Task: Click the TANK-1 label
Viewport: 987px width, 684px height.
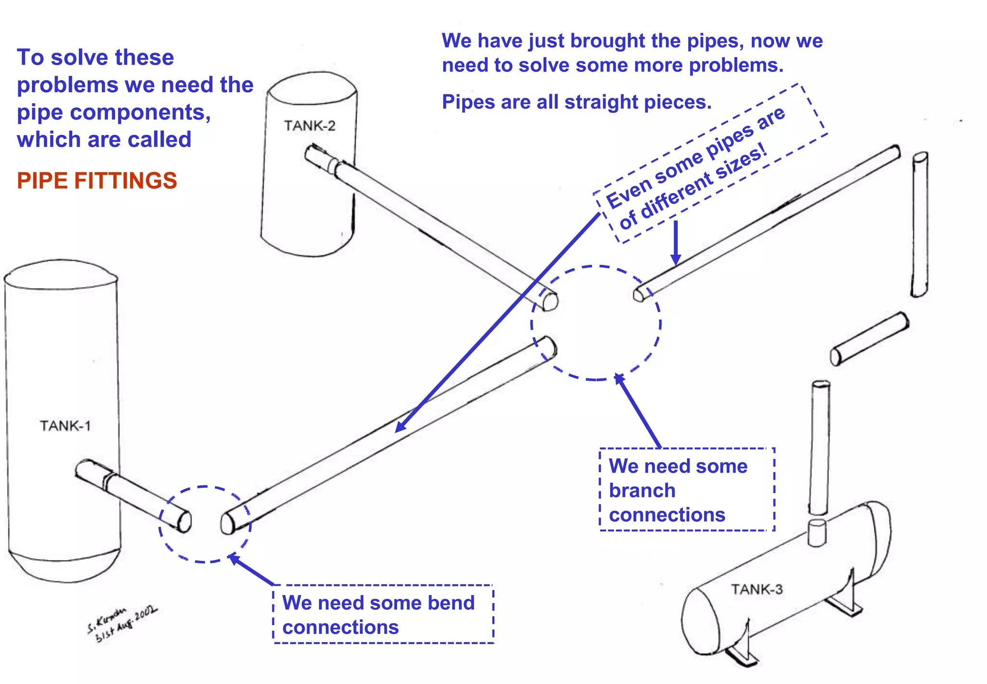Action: pyautogui.click(x=65, y=426)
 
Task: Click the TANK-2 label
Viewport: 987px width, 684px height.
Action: pyautogui.click(x=309, y=126)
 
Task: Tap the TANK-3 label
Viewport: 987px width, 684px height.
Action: pyautogui.click(x=757, y=589)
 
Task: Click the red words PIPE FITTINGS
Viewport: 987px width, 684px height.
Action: pyautogui.click(x=97, y=181)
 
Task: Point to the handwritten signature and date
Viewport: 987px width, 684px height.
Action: pyautogui.click(x=121, y=624)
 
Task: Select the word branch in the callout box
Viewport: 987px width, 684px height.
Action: pyautogui.click(x=642, y=491)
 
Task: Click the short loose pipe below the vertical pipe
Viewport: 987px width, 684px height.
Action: pyautogui.click(x=869, y=338)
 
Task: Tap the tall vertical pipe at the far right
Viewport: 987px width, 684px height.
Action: pyautogui.click(x=920, y=224)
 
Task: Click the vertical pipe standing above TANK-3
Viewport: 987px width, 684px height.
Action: pyautogui.click(x=819, y=446)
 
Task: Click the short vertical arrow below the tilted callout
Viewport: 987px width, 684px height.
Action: pyautogui.click(x=676, y=244)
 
